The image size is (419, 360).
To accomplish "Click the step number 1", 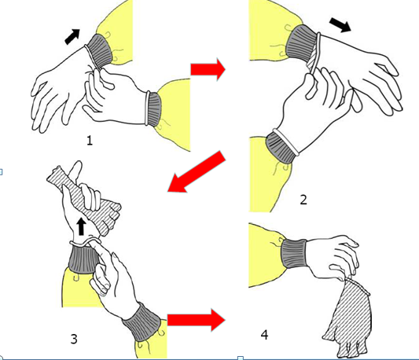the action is pyautogui.click(x=90, y=141).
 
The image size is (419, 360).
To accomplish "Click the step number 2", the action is pyautogui.click(x=303, y=200).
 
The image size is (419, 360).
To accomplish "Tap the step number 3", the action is pyautogui.click(x=74, y=339).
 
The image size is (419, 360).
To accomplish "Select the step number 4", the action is pyautogui.click(x=264, y=335).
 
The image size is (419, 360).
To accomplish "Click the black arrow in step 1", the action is pyautogui.click(x=72, y=37).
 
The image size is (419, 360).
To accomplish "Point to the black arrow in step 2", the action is pyautogui.click(x=340, y=25).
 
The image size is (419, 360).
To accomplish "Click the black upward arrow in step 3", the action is pyautogui.click(x=81, y=226).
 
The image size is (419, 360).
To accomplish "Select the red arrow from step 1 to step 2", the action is pyautogui.click(x=208, y=70).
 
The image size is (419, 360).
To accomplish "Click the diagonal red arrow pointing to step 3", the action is pyautogui.click(x=197, y=172).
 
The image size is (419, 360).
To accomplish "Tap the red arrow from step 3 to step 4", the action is pyautogui.click(x=197, y=320).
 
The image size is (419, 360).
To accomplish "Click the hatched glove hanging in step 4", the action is pyautogui.click(x=347, y=318).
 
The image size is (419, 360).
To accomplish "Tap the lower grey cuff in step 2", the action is pyautogui.click(x=281, y=147).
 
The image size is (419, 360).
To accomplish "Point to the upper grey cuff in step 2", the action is pyautogui.click(x=301, y=43).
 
